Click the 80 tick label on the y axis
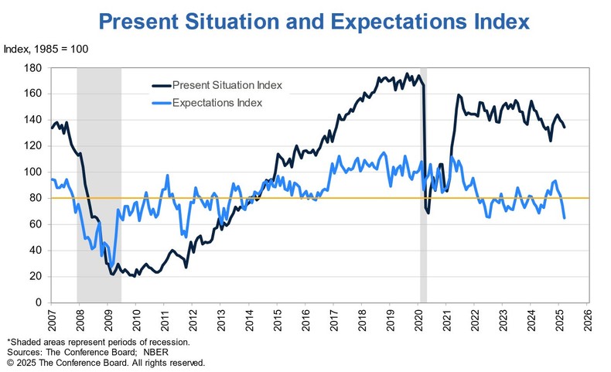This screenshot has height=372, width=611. click(36, 198)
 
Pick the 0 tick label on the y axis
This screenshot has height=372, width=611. click(39, 302)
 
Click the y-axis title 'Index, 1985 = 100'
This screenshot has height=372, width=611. click(46, 50)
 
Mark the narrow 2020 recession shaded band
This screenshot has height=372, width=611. click(423, 186)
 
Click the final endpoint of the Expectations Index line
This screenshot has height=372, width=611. click(564, 218)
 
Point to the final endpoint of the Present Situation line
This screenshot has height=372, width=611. click(564, 127)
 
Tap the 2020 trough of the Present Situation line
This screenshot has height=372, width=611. click(428, 212)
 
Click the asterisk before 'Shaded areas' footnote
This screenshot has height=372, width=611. click(8, 341)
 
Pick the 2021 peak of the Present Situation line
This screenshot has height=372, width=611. click(459, 95)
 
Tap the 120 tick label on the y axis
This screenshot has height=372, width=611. click(33, 146)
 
